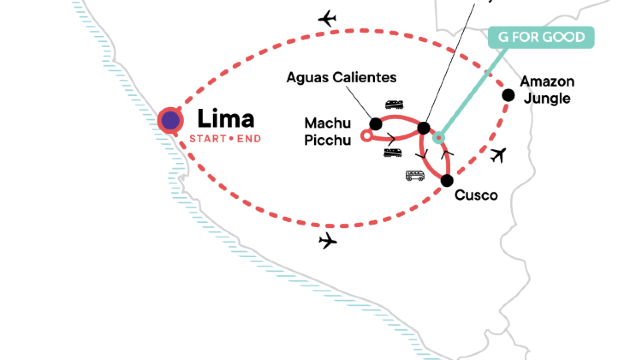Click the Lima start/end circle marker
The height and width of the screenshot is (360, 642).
171,120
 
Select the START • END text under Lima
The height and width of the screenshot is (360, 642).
224,138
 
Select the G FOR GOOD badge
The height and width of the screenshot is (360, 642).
541,38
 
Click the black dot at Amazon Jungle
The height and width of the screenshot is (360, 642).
508,96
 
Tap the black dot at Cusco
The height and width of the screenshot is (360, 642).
447,180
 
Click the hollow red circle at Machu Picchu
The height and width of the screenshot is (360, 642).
367,133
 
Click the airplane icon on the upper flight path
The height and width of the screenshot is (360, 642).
326,19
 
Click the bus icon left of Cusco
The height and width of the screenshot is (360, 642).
415,176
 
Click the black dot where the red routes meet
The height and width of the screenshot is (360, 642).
423,128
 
